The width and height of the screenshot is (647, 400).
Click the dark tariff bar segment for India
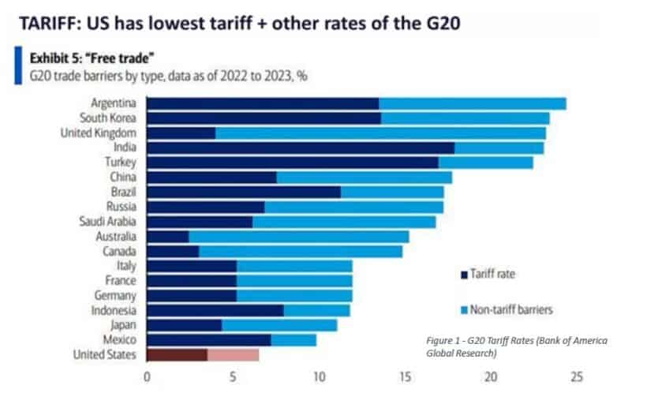[x=301, y=148]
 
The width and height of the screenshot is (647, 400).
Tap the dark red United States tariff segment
[x=177, y=354]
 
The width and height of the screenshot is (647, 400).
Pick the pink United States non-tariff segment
[x=233, y=354]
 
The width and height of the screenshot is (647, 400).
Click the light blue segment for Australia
[x=298, y=236]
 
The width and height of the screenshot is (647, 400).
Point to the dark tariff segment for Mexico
[x=209, y=339]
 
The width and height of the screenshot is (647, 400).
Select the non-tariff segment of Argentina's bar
[x=472, y=103]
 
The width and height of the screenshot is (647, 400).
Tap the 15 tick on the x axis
[x=405, y=378]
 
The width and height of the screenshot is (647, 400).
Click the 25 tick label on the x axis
[x=577, y=378]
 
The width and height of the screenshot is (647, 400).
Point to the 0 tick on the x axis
[x=148, y=378]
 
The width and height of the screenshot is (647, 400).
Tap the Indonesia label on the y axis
[x=115, y=310]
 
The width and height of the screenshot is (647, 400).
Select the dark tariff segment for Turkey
[x=293, y=163]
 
